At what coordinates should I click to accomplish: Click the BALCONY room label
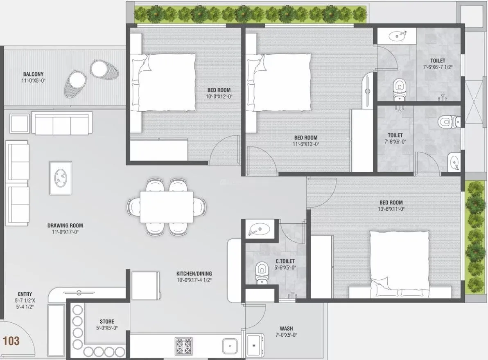(x=34, y=74)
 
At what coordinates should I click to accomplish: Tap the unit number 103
(x=11, y=341)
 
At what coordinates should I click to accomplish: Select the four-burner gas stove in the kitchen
(x=184, y=346)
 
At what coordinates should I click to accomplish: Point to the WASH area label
(x=286, y=328)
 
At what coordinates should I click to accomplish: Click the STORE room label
(x=107, y=322)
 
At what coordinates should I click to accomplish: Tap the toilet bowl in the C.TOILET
(x=260, y=272)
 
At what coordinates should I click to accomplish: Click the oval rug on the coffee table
(x=61, y=178)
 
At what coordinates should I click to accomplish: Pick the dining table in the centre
(x=167, y=207)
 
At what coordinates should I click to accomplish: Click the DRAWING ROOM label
(x=65, y=225)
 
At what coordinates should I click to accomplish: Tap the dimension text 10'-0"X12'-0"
(x=219, y=97)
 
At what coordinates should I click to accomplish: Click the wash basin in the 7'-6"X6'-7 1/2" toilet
(x=396, y=36)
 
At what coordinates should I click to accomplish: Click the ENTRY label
(x=25, y=294)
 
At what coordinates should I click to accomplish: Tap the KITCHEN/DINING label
(x=194, y=274)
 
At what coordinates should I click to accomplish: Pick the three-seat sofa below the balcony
(x=62, y=124)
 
